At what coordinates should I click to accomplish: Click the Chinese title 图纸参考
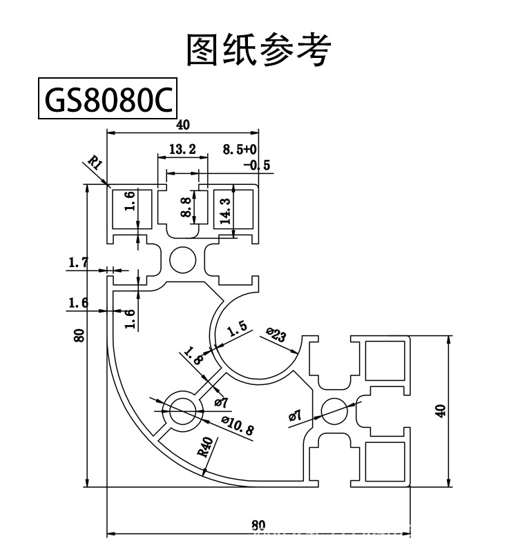pos(259,50)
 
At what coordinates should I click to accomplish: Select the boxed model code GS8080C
pos(107,100)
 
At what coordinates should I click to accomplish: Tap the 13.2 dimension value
pos(182,149)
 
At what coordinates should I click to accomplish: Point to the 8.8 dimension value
pos(185,206)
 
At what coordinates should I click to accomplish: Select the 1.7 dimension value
pos(79,262)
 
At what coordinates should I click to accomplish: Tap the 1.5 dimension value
pos(237,330)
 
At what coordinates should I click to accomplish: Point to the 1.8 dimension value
pos(194,357)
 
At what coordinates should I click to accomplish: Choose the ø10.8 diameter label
pos(238,425)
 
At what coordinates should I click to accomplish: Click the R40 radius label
pos(204,448)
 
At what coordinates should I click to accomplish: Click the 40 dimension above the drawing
pos(182,125)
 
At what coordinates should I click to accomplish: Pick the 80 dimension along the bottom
pos(258,525)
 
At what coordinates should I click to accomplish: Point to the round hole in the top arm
pos(183,260)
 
